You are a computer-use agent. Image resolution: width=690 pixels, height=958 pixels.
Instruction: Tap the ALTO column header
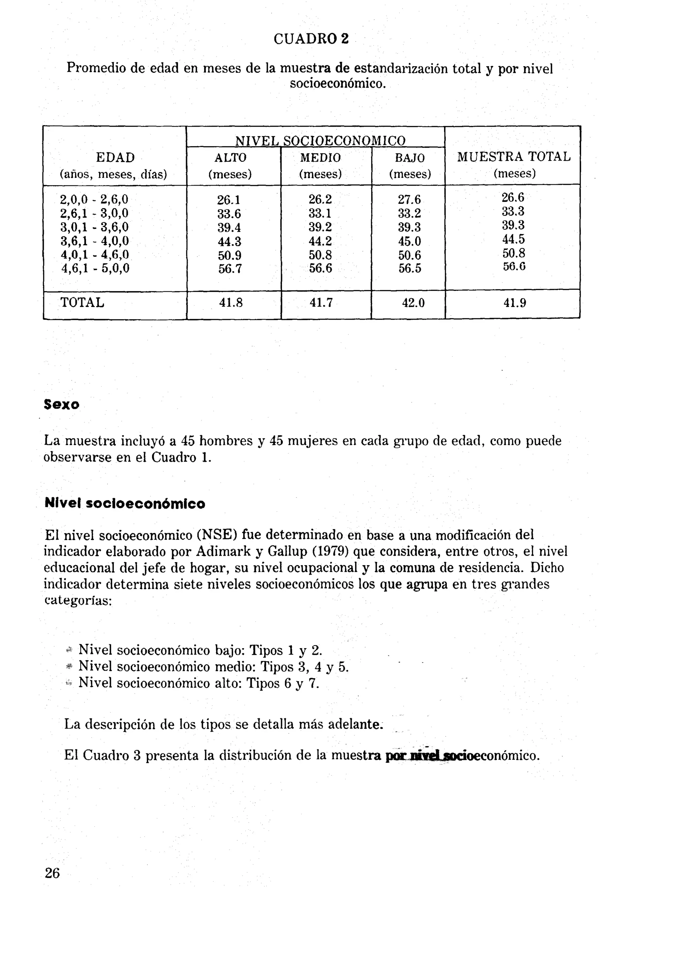click(230, 158)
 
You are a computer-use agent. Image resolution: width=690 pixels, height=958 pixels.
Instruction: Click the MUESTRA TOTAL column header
click(514, 157)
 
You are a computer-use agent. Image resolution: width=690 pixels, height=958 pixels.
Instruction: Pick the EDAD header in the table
click(115, 158)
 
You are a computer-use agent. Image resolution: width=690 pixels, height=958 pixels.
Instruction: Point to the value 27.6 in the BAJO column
click(409, 200)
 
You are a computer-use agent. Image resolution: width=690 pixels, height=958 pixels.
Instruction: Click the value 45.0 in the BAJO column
click(409, 242)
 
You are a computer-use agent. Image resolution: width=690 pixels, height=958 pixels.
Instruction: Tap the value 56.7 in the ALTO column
click(230, 269)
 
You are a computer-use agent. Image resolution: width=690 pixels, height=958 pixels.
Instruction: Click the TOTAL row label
click(83, 302)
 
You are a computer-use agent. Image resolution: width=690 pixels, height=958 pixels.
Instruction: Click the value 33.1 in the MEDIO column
click(320, 213)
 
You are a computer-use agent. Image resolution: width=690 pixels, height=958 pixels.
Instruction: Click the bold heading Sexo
click(62, 405)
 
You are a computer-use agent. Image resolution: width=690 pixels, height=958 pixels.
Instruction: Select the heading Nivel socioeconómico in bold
click(125, 504)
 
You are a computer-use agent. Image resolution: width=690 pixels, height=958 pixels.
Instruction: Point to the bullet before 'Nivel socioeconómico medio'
click(70, 666)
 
